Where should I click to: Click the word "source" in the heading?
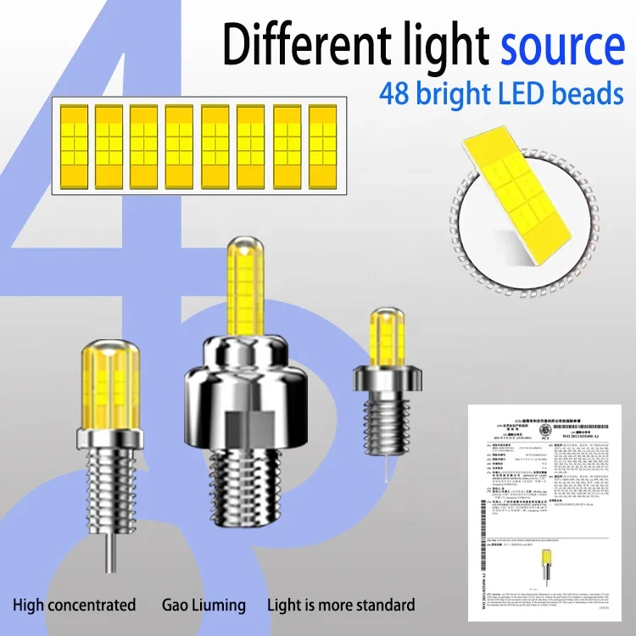tap(561, 44)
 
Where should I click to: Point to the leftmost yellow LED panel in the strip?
tap(74, 143)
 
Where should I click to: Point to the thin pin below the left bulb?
tap(109, 551)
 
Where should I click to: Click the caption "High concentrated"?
tap(74, 605)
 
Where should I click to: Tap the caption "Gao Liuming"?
tap(204, 605)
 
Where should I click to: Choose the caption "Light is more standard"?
tap(341, 605)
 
